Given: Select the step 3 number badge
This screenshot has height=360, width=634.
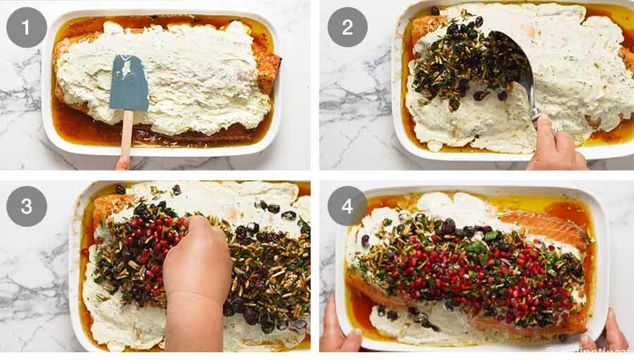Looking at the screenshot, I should [x=27, y=206].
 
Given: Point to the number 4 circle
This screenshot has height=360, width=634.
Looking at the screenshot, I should [x=347, y=206].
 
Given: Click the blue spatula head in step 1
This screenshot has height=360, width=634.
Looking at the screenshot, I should [x=129, y=83].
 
